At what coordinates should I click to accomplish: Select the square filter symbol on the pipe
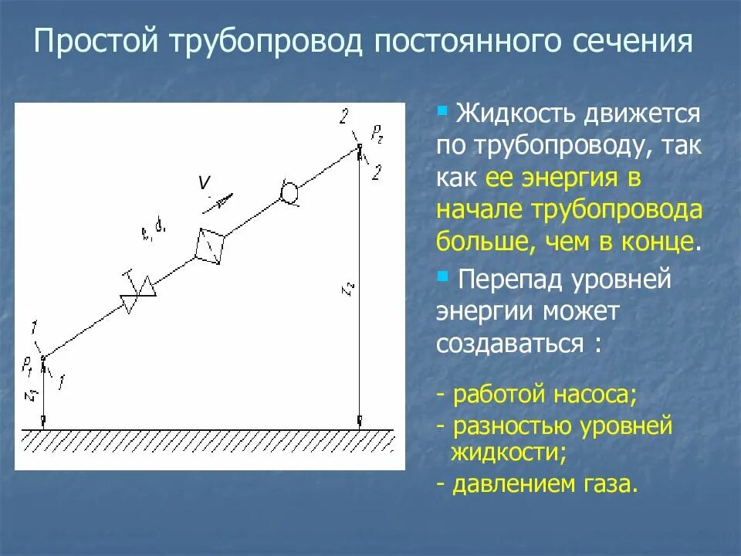[211, 246]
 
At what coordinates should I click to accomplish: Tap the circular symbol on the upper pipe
[290, 191]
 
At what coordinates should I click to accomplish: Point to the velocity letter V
[205, 183]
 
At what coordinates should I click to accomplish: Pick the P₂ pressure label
[377, 137]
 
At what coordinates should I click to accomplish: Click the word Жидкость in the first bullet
[515, 115]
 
